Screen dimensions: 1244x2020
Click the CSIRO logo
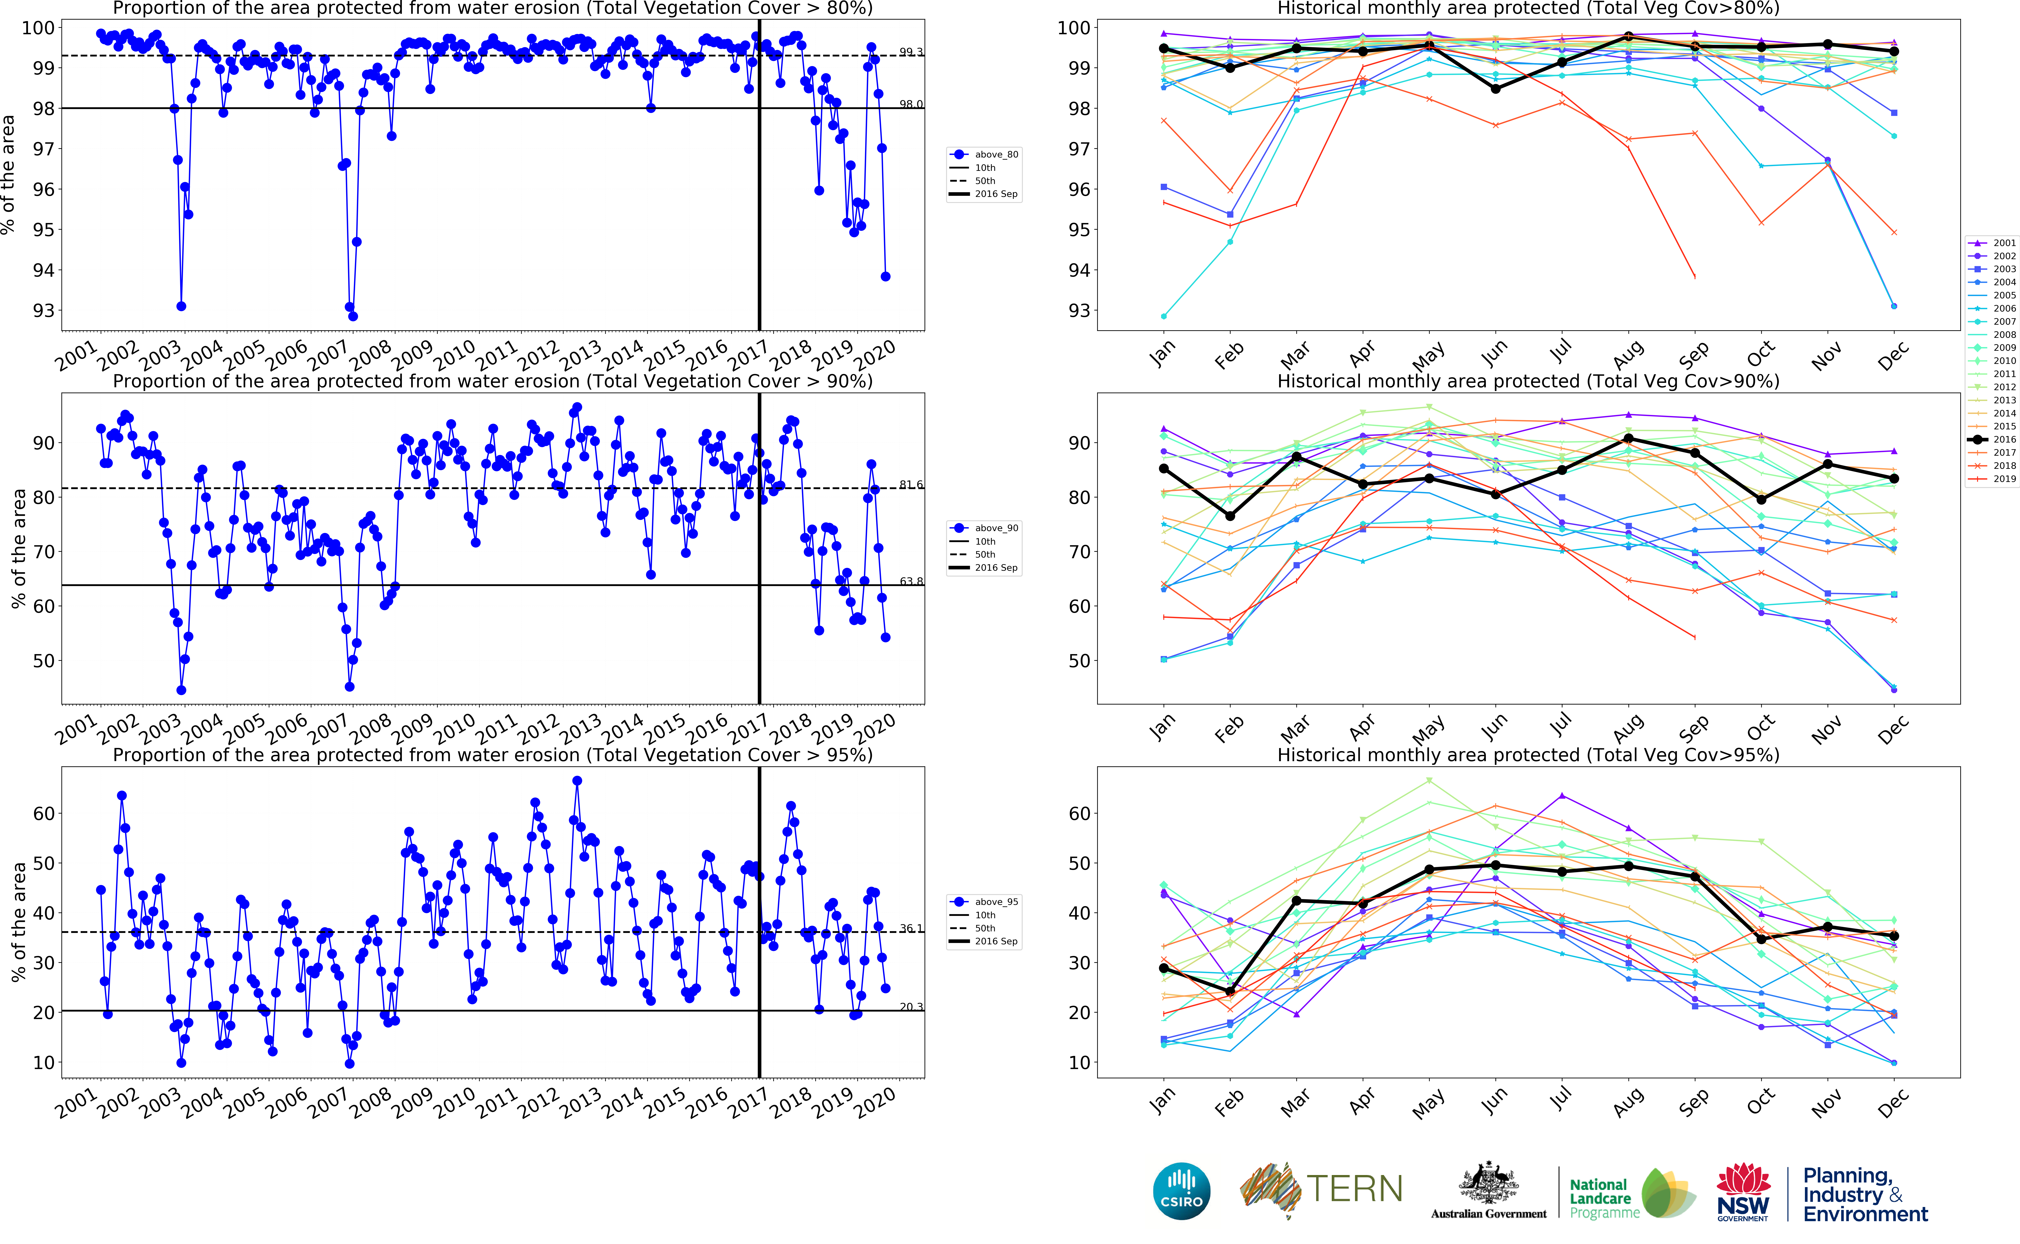(1182, 1191)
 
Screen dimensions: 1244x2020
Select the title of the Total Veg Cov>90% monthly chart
(1528, 381)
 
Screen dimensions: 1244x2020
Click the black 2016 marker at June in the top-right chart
(1495, 89)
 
